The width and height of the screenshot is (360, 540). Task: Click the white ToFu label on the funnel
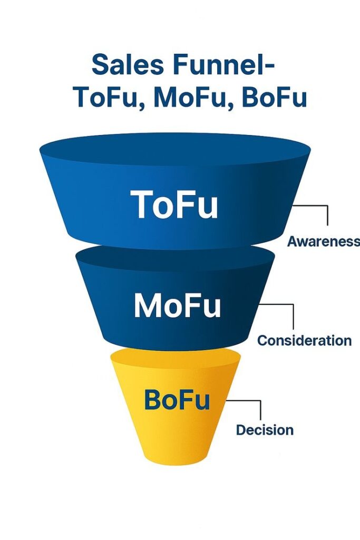(x=174, y=205)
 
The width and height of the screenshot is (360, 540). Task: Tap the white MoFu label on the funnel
(x=177, y=306)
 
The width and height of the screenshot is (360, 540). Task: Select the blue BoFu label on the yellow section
(x=177, y=400)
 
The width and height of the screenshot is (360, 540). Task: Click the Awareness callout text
(x=323, y=242)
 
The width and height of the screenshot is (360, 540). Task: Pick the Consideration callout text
(x=304, y=340)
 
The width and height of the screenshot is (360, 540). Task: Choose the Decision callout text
(x=265, y=430)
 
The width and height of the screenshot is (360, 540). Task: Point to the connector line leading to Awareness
(x=327, y=215)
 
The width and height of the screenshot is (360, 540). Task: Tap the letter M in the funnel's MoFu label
(x=146, y=306)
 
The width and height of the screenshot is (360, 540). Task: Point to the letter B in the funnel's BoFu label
(x=152, y=400)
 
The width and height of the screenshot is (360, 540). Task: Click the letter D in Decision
(x=241, y=430)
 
